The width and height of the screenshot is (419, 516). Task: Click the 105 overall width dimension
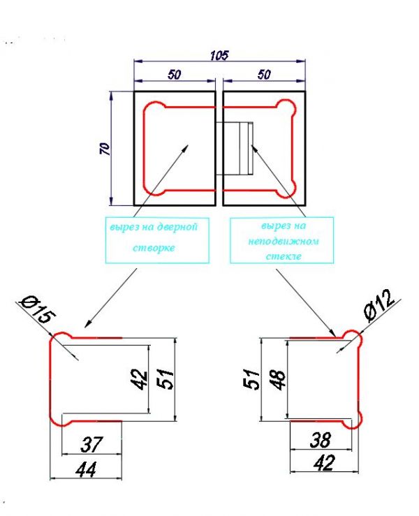point(219,55)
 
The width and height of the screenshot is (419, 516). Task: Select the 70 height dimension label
point(105,149)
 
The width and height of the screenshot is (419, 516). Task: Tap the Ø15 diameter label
point(38,310)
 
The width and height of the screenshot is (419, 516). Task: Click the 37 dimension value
point(92,444)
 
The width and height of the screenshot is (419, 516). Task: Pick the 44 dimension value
point(86,470)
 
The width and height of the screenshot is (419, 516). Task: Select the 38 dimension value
point(321,440)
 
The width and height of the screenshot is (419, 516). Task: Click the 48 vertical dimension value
point(279,380)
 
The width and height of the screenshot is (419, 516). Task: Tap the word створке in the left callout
point(154,247)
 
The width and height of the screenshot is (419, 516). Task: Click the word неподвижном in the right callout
point(284,241)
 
